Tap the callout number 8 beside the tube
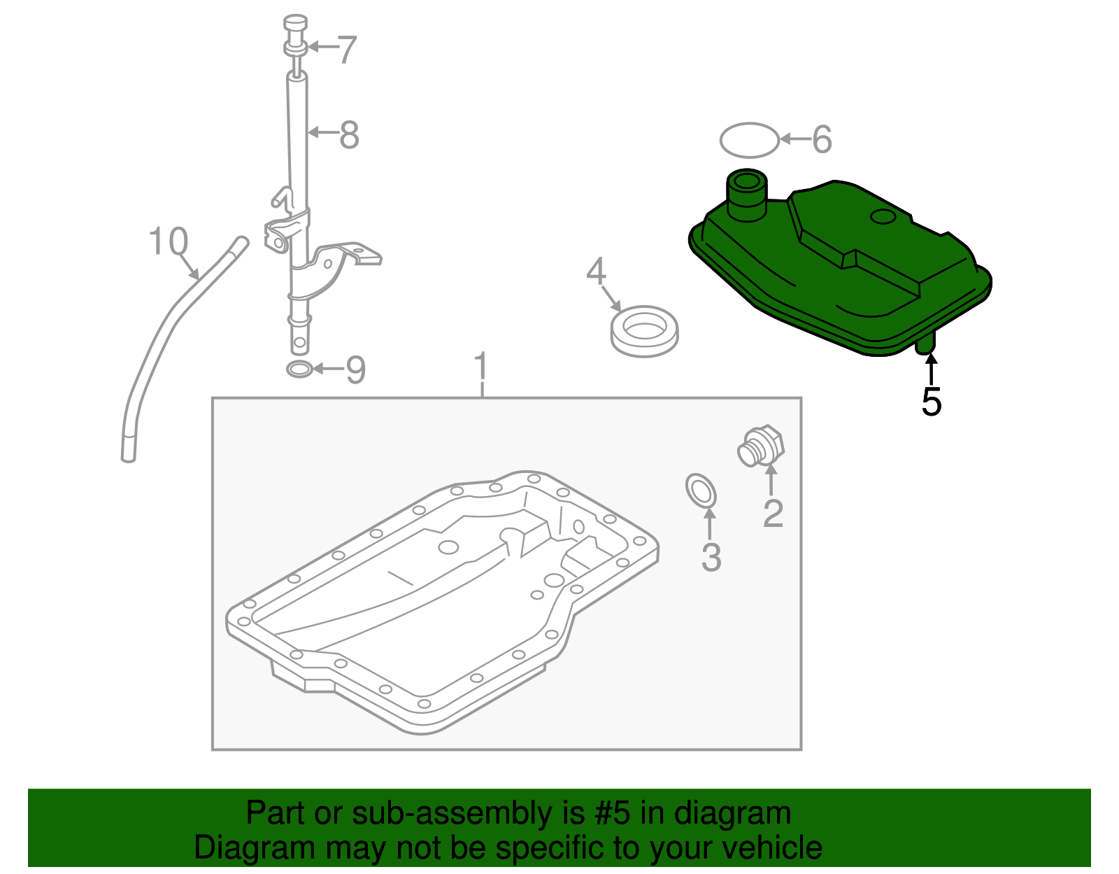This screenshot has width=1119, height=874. click(x=349, y=135)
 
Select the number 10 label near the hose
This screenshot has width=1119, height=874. click(x=169, y=242)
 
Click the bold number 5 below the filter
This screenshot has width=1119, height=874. click(x=931, y=402)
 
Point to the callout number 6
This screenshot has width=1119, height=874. click(x=822, y=139)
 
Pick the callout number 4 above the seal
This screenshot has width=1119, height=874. click(x=596, y=272)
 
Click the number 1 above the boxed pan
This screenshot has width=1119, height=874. click(x=481, y=367)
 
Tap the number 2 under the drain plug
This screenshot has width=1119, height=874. click(x=773, y=514)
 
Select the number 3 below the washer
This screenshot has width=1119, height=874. click(x=711, y=557)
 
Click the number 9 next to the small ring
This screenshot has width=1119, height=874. click(x=356, y=369)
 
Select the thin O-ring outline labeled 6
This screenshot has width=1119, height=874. click(x=749, y=140)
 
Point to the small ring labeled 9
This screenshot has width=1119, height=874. click(x=299, y=369)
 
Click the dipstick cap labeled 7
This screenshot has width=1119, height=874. click(x=297, y=35)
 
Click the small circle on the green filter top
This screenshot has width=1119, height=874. click(x=883, y=217)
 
